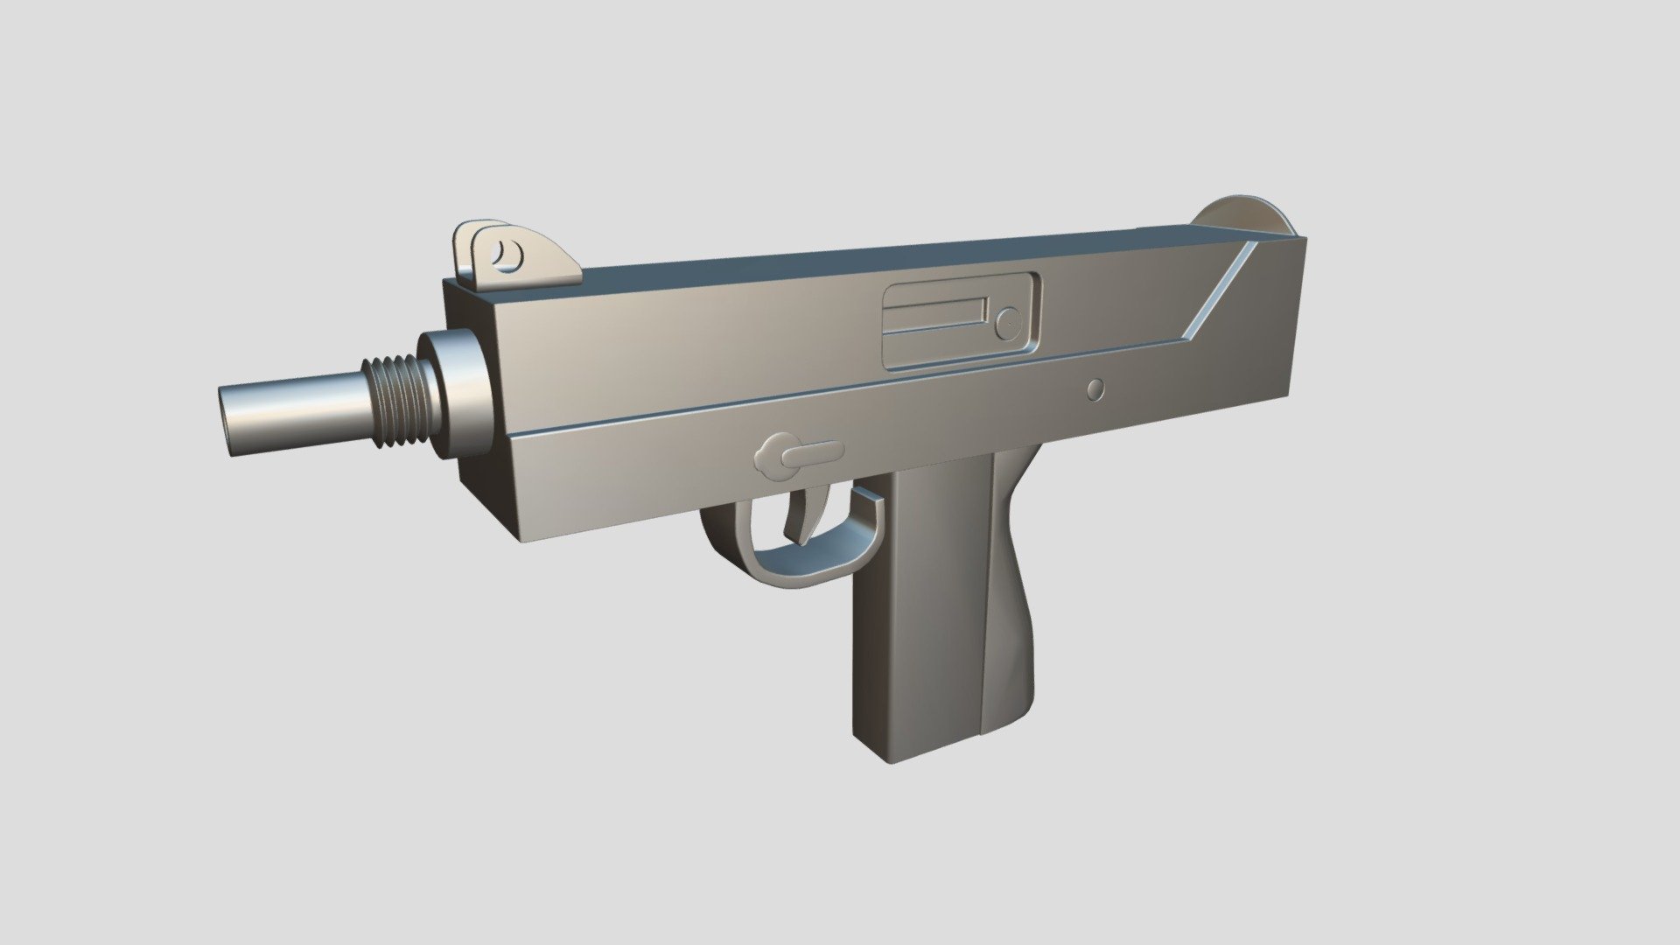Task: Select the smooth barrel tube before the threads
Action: pyautogui.click(x=297, y=411)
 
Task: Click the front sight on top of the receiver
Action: pyautogui.click(x=516, y=254)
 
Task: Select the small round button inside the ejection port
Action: pyautogui.click(x=1010, y=321)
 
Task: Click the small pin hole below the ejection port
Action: pyautogui.click(x=1095, y=389)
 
